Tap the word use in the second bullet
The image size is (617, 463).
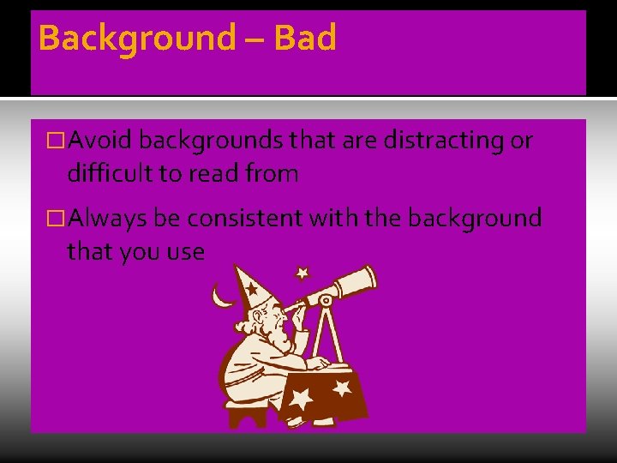[187, 252]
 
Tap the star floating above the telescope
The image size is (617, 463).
[302, 274]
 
